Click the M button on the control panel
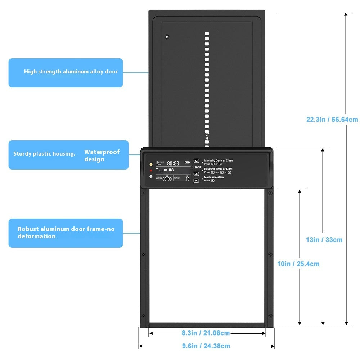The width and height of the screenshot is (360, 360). click(196, 161)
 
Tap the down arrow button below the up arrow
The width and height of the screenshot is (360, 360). click(196, 180)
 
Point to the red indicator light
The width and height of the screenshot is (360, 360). click(151, 170)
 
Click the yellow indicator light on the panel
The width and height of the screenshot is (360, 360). click(151, 164)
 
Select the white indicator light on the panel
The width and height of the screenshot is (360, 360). click(151, 176)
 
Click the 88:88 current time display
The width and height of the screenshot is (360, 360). click(173, 163)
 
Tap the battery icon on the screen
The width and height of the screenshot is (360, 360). click(187, 162)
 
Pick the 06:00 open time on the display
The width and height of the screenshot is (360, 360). click(167, 179)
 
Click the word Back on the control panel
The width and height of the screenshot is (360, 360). click(197, 167)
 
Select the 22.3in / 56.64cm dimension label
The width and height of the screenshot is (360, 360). click(332, 120)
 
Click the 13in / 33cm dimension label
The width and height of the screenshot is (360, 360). click(324, 240)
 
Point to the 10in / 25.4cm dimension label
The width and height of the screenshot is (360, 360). click(298, 264)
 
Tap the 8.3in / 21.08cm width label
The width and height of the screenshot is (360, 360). click(206, 333)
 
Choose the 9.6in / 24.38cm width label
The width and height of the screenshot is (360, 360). click(206, 346)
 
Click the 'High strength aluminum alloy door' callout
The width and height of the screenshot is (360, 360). click(71, 72)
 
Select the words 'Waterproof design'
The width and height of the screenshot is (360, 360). click(102, 156)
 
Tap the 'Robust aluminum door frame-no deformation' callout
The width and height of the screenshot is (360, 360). click(66, 233)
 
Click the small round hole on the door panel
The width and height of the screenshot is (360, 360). click(167, 36)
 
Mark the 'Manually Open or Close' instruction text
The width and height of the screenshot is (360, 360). click(219, 161)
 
